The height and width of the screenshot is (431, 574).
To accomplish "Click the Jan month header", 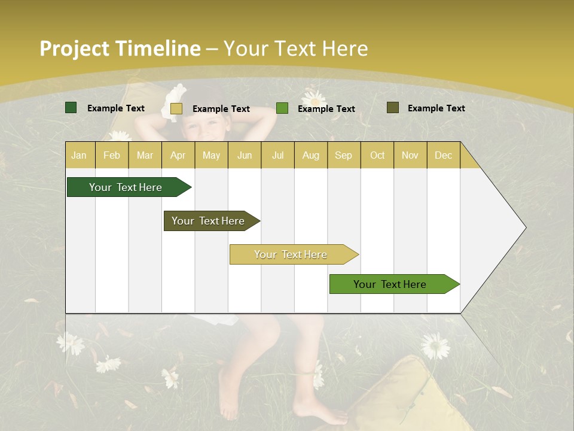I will click(x=79, y=155).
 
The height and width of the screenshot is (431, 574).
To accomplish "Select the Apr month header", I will click(x=178, y=155).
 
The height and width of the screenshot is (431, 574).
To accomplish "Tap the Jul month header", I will click(x=277, y=155).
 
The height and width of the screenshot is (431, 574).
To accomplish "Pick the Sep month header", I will click(x=343, y=155).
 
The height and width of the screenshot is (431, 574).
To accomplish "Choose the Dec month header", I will click(x=443, y=155).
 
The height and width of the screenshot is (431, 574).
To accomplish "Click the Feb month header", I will click(x=112, y=155).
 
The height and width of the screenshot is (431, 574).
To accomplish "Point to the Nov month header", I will click(x=410, y=155).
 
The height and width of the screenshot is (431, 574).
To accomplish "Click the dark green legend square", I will click(x=71, y=108).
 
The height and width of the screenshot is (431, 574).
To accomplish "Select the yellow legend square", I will click(x=176, y=108).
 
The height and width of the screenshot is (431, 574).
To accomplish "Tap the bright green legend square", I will click(x=282, y=108).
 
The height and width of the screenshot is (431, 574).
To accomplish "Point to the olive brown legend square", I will click(x=392, y=108).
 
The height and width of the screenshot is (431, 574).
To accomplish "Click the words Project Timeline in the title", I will click(x=120, y=48).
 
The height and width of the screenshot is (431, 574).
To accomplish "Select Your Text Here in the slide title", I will click(x=296, y=48).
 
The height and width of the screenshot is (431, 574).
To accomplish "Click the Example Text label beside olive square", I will click(x=436, y=108).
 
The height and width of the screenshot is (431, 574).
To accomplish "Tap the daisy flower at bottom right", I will click(x=435, y=346).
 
